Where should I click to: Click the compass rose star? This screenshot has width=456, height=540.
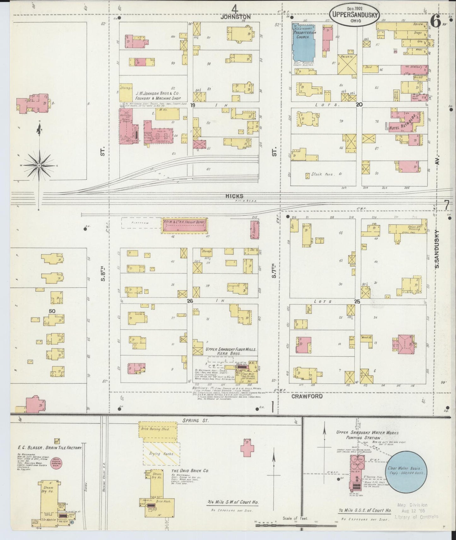[x=39, y=165]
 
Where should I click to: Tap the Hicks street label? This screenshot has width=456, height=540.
[x=234, y=196]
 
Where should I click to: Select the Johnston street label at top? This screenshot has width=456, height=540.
[x=235, y=17]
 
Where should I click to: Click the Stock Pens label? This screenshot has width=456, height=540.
[x=322, y=174]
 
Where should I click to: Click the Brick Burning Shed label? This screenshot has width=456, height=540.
[x=159, y=429]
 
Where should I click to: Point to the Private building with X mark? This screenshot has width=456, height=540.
[x=347, y=65]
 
